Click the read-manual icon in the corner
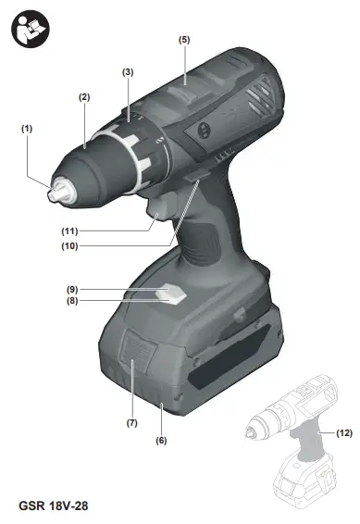(x=31, y=29)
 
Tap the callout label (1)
(x=27, y=129)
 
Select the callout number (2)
(x=84, y=97)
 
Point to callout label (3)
(x=128, y=72)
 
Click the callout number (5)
(x=184, y=40)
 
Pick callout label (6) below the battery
(x=161, y=441)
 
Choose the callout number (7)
(x=132, y=423)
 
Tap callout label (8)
(x=72, y=301)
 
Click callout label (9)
(x=72, y=289)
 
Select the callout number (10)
(x=69, y=246)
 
